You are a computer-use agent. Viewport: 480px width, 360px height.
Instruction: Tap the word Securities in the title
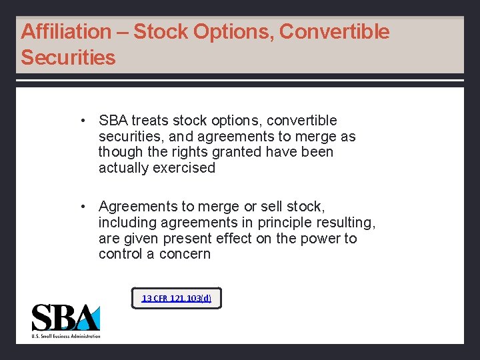click(x=68, y=57)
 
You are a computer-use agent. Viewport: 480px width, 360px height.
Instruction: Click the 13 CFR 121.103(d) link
click(x=176, y=298)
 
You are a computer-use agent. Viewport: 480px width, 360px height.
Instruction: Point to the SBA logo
click(x=66, y=320)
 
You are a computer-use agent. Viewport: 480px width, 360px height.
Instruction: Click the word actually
click(x=123, y=168)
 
